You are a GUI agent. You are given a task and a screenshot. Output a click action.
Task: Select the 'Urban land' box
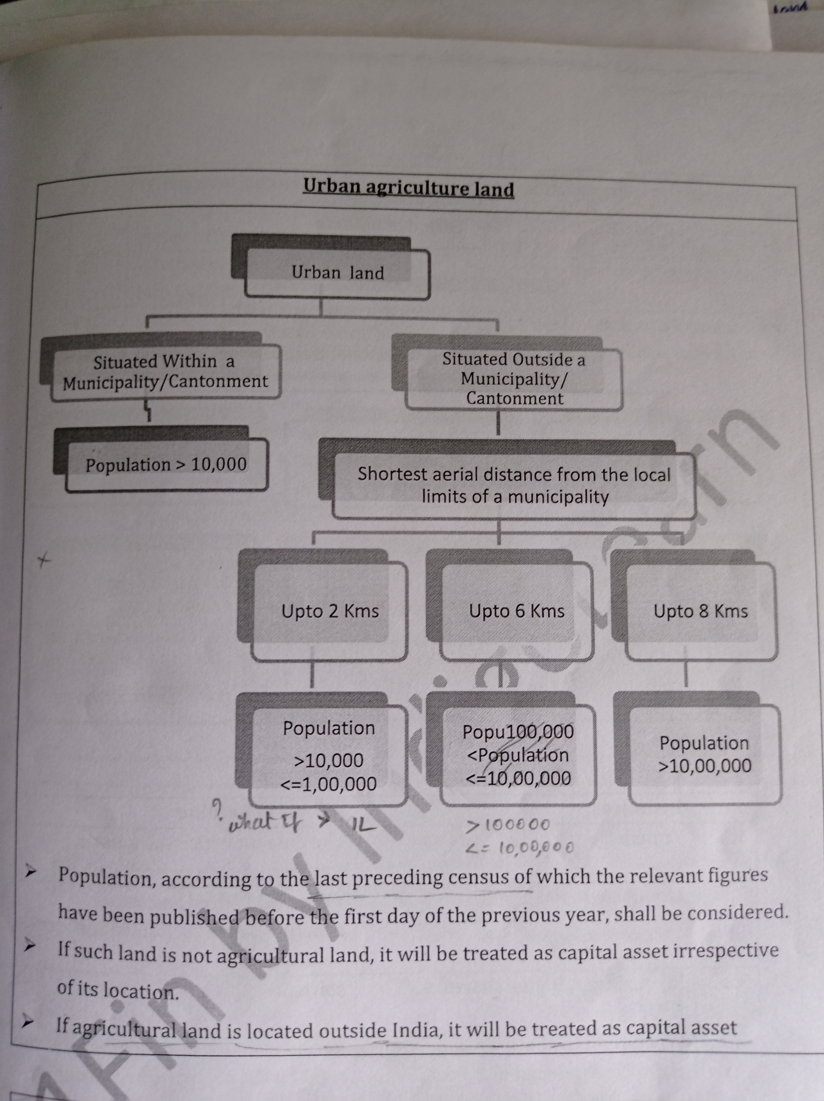click(x=338, y=273)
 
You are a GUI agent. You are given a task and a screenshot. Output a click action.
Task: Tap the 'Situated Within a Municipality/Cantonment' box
click(x=165, y=371)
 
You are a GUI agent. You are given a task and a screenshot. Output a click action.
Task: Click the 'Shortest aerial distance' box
click(x=514, y=485)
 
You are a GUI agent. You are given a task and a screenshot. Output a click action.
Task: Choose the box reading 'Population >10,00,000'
click(x=704, y=754)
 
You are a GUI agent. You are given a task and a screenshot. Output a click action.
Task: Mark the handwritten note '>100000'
click(x=508, y=825)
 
